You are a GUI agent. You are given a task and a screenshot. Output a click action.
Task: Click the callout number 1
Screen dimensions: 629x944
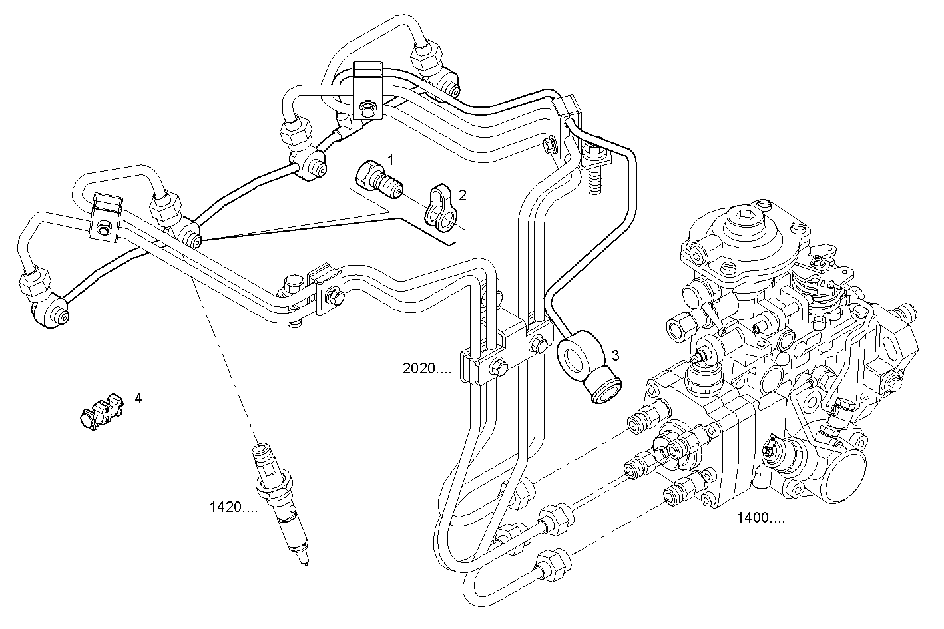(391, 160)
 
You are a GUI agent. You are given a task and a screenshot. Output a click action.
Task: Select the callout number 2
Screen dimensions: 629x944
(462, 195)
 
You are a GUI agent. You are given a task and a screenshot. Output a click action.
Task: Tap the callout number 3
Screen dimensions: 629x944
(616, 355)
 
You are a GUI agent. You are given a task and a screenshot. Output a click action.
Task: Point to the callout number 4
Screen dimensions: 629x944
(138, 398)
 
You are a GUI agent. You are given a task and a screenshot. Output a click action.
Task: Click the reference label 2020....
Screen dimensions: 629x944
(427, 369)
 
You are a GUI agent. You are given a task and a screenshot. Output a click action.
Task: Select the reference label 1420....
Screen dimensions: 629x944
(233, 508)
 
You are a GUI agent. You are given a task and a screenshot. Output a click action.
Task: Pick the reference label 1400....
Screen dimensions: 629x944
(760, 518)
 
